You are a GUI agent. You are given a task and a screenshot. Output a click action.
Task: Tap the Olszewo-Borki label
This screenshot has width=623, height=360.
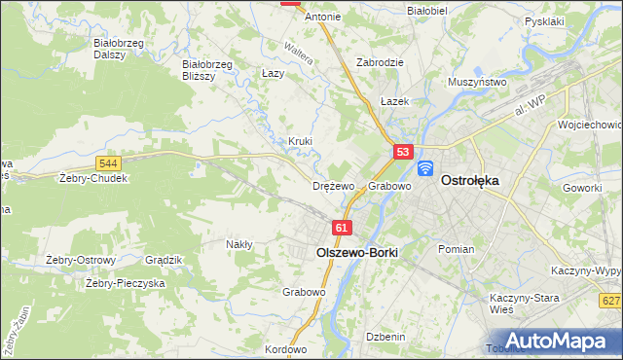point(357,250)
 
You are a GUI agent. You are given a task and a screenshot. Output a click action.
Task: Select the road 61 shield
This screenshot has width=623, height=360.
point(340,228)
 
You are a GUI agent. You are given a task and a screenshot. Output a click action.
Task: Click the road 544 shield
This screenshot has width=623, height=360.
point(108,162)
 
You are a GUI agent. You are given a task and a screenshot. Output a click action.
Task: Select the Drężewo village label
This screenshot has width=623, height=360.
point(333,186)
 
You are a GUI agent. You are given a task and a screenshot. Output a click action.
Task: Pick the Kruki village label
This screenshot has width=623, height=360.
point(300,141)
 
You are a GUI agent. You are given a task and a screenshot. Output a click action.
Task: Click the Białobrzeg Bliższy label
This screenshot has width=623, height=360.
point(206,71)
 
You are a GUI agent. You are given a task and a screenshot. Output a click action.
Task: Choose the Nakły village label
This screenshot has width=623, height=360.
point(239,244)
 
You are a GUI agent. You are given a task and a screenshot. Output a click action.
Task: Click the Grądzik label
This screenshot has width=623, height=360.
point(164,260)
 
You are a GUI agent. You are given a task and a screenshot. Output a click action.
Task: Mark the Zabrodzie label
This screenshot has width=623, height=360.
point(380,61)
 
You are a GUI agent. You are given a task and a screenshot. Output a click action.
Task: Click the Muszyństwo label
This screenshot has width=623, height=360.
point(477,83)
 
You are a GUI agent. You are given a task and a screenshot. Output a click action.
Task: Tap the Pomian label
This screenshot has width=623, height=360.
point(456,249)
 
